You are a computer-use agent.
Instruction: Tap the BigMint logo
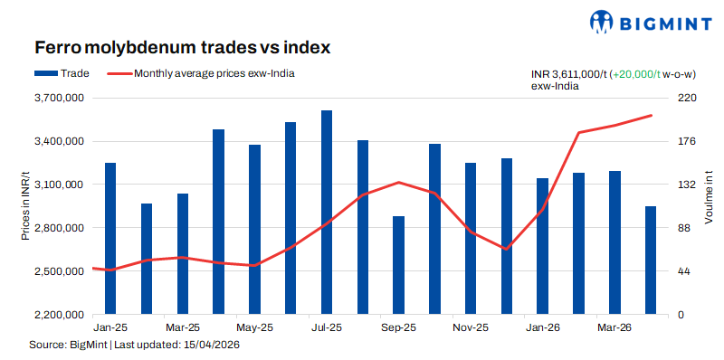pos(648,22)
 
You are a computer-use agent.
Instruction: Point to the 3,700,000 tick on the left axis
pos(59,98)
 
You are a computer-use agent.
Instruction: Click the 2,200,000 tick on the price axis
pos(59,315)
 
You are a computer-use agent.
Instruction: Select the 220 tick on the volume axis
pos(686,98)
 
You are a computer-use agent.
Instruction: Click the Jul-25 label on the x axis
pos(326,327)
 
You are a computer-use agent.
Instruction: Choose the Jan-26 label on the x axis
pos(542,327)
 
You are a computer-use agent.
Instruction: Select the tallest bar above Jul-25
pos(326,213)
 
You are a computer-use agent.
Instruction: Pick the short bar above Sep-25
pos(398,265)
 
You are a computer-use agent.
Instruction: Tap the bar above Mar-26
pos(614,242)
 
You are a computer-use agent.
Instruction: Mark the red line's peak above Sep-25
pos(398,182)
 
